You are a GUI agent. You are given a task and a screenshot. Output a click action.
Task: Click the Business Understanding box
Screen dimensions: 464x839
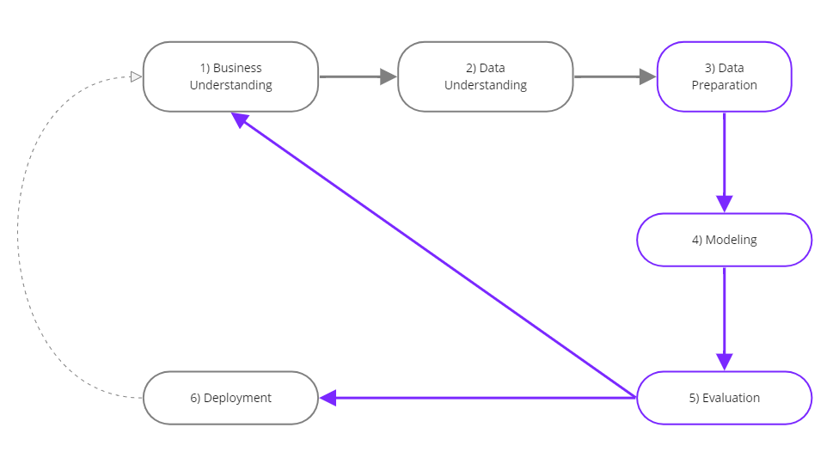click(230, 76)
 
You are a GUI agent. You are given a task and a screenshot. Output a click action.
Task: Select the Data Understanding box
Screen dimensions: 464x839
click(485, 76)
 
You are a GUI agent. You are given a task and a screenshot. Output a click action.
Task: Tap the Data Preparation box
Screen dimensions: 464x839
click(724, 76)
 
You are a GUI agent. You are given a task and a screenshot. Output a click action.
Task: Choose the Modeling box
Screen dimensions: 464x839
click(724, 240)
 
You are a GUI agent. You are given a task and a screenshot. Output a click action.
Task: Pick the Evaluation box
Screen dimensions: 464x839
click(724, 398)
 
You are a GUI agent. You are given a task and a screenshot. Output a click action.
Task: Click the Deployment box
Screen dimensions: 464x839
click(230, 398)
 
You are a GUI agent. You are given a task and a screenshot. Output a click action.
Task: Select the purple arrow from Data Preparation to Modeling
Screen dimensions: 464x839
click(724, 159)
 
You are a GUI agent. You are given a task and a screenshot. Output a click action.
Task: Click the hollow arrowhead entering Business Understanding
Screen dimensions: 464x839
click(136, 76)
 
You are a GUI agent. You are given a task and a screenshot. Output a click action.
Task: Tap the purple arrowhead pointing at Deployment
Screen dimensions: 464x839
click(328, 398)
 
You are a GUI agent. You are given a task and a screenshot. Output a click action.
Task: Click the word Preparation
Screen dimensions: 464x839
click(724, 85)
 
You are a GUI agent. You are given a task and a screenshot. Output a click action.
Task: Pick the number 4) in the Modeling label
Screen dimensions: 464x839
click(697, 240)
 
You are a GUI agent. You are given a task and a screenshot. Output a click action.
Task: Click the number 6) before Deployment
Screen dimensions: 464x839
click(196, 398)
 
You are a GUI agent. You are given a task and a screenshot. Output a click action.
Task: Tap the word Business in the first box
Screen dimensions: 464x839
click(237, 68)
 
